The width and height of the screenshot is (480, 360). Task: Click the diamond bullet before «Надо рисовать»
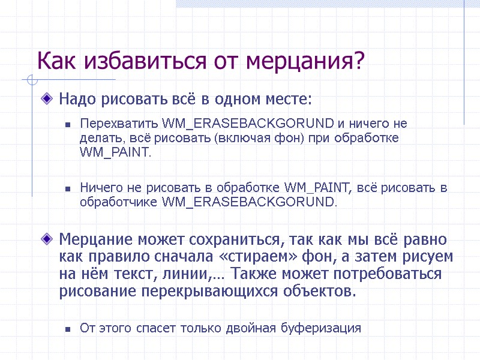[x=47, y=97]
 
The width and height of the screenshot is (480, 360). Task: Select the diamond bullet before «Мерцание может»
[x=47, y=239]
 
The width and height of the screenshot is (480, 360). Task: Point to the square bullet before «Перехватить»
[x=68, y=125]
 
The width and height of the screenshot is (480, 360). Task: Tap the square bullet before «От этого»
[x=68, y=329]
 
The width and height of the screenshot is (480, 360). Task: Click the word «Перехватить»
[x=119, y=124]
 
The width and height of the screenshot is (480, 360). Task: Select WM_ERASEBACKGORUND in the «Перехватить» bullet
[x=248, y=124]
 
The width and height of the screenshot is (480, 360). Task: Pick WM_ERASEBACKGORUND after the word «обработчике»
[x=250, y=202]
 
